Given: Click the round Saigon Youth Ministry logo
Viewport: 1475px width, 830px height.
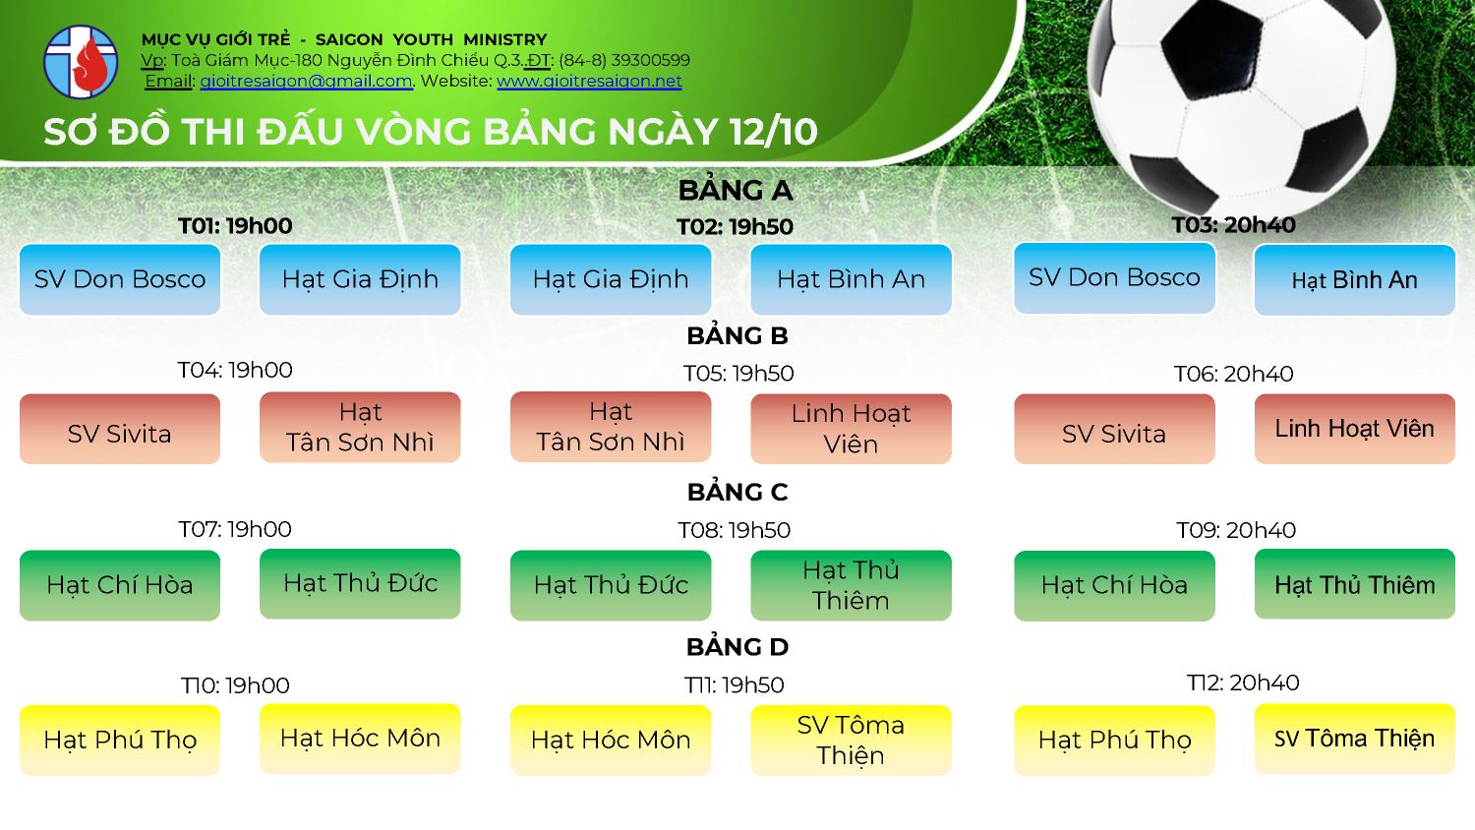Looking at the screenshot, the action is tap(81, 62).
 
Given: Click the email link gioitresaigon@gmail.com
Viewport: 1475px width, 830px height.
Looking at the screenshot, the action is tap(306, 81).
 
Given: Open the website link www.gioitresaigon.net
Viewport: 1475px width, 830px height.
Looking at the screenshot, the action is tap(589, 81).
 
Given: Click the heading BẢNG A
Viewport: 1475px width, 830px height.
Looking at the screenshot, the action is tap(736, 191).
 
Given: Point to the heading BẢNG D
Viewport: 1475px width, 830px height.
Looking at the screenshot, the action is tap(737, 647).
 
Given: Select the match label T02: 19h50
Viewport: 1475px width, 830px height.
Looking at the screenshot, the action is tap(735, 226).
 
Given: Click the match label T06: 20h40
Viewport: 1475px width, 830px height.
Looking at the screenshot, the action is tap(1233, 374).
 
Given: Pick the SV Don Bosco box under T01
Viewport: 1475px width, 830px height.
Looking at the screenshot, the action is tap(120, 279).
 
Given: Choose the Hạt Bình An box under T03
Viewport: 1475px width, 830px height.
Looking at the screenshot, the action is tap(1354, 280).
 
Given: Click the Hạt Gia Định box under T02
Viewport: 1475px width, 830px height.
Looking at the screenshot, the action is tap(611, 279).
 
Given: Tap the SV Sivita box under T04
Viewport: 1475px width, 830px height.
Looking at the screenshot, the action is tap(120, 429).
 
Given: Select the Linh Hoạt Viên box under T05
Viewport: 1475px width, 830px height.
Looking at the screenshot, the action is tap(851, 429).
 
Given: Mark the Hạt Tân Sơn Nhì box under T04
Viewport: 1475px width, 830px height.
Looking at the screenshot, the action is tap(360, 427).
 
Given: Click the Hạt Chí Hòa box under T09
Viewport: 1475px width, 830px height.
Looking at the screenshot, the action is tap(1114, 585).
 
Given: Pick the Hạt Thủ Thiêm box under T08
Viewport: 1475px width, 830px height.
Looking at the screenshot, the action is tap(851, 585).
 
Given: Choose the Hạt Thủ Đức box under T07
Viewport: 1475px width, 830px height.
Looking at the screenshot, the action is tap(360, 583).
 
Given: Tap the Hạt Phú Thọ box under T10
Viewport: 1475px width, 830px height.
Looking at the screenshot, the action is tap(120, 741).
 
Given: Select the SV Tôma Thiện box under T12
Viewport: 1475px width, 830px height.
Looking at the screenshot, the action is tap(1354, 740).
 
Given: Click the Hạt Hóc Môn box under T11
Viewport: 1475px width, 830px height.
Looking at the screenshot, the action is tap(611, 741).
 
